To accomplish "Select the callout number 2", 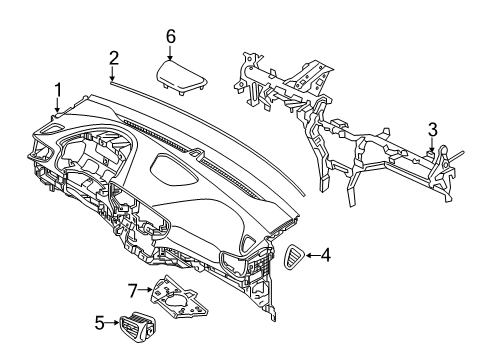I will coord(114,57).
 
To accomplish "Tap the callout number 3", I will coord(432,128).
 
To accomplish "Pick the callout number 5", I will coord(98,323).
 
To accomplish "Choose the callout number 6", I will coord(171,37).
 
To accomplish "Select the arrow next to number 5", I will coord(110,323).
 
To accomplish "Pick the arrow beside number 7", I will coord(144,291).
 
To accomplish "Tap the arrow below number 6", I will coord(171,52).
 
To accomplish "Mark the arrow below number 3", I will coord(432,144).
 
